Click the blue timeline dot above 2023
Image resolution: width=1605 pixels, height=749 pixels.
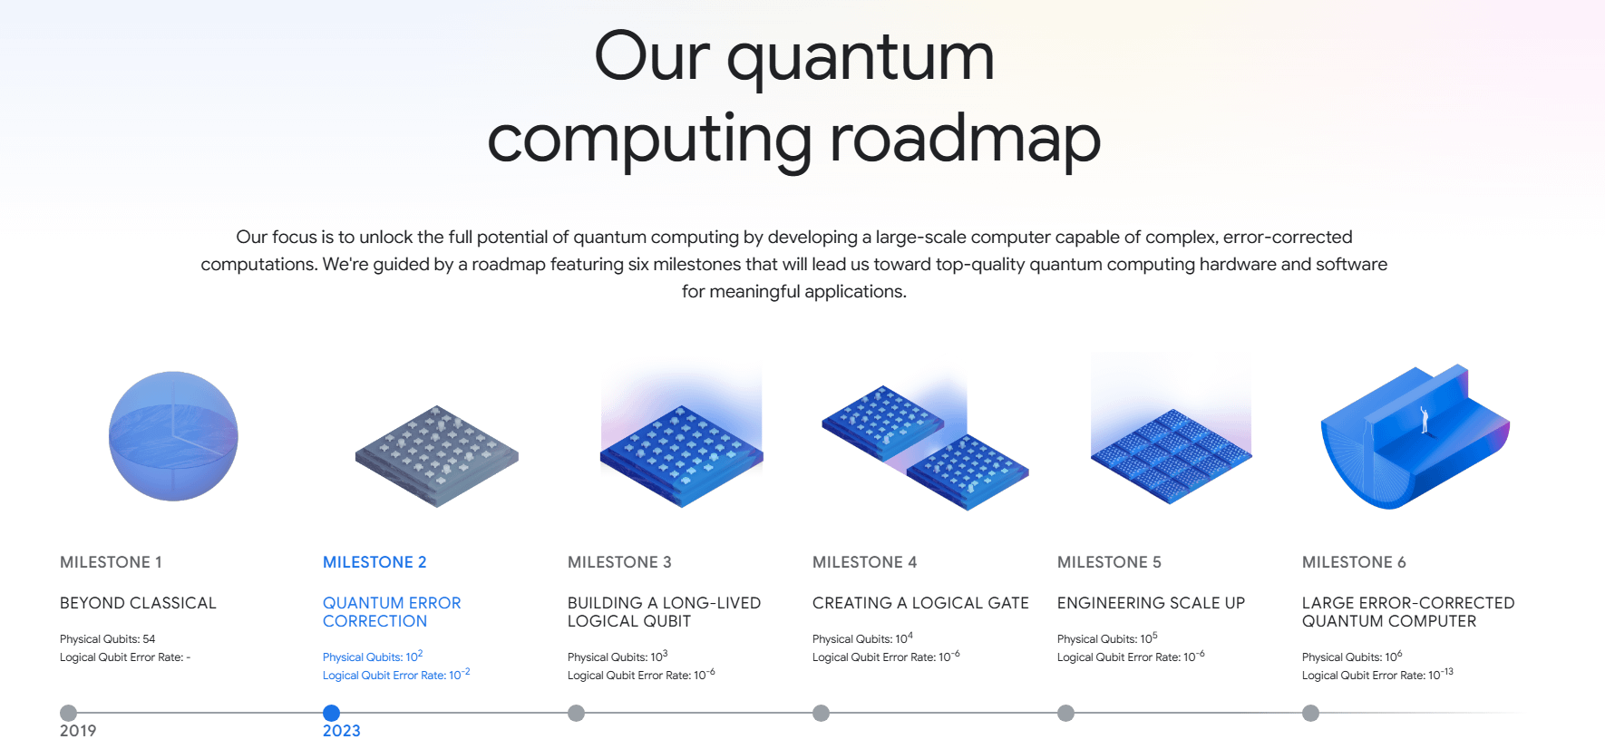click(331, 713)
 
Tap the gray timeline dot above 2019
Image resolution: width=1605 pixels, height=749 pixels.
click(68, 713)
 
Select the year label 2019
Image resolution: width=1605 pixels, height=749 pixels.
click(78, 731)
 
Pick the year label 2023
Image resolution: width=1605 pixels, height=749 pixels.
click(342, 731)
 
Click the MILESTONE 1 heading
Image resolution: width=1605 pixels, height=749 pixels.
click(111, 562)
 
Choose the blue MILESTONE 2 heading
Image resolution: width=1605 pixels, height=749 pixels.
click(374, 562)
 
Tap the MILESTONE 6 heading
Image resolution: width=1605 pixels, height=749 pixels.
click(1354, 562)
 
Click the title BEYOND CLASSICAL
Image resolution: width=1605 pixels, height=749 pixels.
click(138, 603)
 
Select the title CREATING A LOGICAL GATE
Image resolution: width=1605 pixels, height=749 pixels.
click(920, 603)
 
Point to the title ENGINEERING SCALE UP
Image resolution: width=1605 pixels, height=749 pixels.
click(1151, 603)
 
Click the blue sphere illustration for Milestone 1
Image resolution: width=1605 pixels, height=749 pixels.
click(173, 436)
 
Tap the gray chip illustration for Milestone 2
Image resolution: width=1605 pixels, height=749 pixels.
click(437, 456)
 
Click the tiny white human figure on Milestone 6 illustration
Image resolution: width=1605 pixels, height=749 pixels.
click(1425, 419)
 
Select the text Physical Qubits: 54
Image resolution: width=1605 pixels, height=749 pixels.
click(107, 639)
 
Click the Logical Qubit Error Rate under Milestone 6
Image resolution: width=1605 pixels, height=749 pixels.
click(1377, 675)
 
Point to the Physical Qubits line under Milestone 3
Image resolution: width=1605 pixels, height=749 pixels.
click(618, 657)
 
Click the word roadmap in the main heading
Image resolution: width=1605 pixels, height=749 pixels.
click(965, 140)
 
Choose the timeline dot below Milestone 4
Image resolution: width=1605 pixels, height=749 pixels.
click(821, 713)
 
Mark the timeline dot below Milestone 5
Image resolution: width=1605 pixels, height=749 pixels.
click(1065, 713)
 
